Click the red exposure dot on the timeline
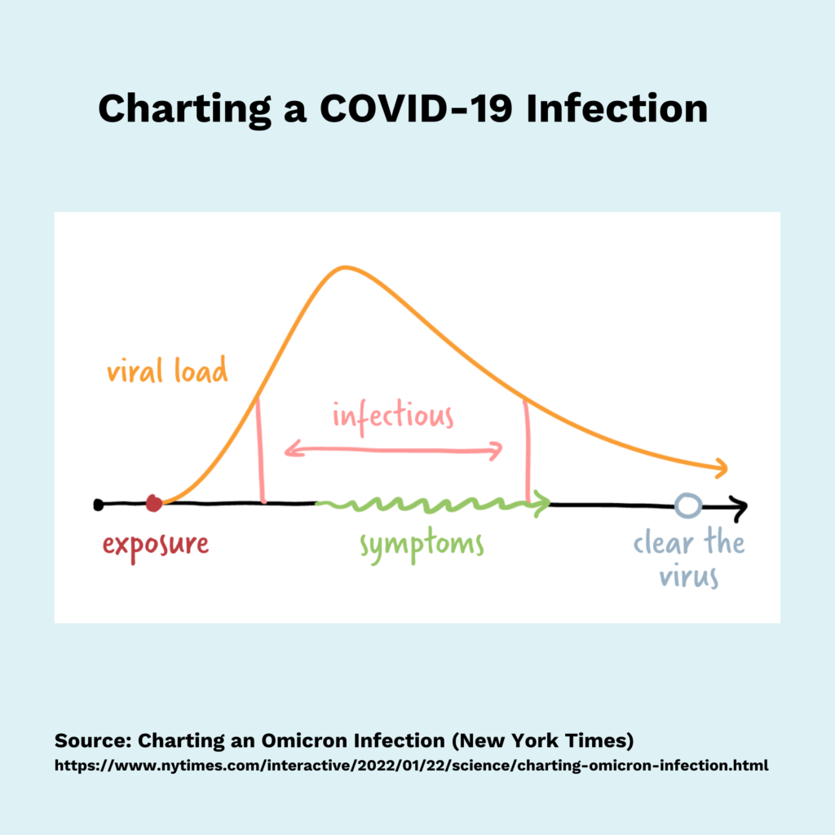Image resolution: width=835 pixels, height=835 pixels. [x=153, y=503]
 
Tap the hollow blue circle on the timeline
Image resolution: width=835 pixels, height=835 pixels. [x=687, y=506]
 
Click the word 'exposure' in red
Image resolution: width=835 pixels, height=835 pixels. [x=156, y=544]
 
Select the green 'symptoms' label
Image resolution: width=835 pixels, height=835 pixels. [x=422, y=545]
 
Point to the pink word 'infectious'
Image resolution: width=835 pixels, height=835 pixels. [x=392, y=416]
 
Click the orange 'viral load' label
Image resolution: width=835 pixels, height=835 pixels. [x=167, y=371]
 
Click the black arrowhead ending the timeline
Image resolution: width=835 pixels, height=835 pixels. [x=739, y=506]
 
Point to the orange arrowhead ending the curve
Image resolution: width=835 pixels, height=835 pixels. [x=720, y=468]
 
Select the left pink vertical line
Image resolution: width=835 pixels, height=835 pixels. [x=260, y=448]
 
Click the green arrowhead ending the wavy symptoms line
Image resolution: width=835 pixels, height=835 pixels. [x=543, y=505]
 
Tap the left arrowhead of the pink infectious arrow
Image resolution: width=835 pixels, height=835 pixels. [x=289, y=448]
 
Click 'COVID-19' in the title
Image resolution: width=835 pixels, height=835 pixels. [x=415, y=108]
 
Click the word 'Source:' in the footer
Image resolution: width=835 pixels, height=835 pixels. [x=92, y=741]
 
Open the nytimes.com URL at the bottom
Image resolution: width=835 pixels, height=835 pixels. [x=411, y=766]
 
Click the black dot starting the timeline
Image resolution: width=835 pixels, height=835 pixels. [x=99, y=505]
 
